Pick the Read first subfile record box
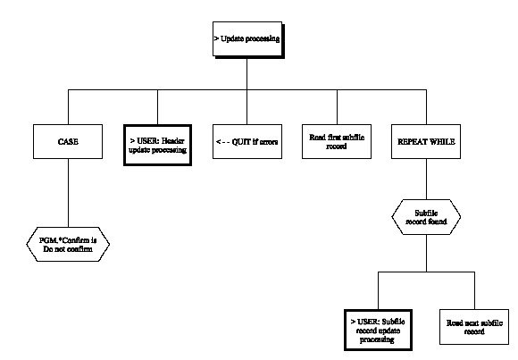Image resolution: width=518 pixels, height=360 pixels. click(333, 142)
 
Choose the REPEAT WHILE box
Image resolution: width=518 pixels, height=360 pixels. click(423, 142)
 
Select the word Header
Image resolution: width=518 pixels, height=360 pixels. click(169, 137)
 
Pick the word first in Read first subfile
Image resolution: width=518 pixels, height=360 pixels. click(330, 137)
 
